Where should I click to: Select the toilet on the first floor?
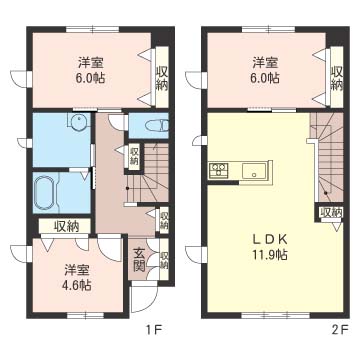(157, 126)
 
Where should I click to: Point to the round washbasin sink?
(78, 121)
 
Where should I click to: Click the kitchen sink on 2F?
(254, 171)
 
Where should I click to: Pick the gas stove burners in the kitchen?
(218, 169)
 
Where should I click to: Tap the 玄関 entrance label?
(139, 260)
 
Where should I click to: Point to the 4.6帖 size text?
(78, 285)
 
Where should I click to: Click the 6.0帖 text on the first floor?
(91, 78)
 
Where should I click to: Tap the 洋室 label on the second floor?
(265, 62)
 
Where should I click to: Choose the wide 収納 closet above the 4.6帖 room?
(65, 226)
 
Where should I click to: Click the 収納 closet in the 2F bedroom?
(336, 77)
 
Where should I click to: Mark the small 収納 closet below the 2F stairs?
(331, 212)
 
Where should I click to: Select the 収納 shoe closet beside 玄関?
(164, 259)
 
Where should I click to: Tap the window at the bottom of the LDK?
(276, 314)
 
